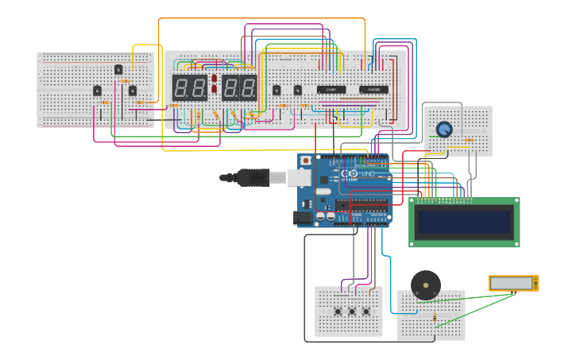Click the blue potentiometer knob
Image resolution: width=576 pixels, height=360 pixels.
[444, 129]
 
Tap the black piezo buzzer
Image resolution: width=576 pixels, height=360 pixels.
[425, 285]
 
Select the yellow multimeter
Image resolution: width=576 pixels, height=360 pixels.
[513, 283]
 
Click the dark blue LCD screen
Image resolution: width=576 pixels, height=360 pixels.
[465, 222]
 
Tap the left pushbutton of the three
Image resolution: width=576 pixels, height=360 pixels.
[338, 311]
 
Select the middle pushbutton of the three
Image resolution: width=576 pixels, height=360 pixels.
[352, 311]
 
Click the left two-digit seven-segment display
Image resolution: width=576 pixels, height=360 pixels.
[189, 87]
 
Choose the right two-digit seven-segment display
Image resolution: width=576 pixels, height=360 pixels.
[239, 87]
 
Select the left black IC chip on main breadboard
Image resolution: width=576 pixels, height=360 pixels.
[331, 90]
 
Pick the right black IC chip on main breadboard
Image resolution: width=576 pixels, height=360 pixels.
[373, 90]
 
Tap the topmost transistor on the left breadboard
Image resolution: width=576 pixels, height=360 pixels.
[118, 70]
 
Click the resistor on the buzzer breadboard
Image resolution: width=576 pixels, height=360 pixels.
[434, 317]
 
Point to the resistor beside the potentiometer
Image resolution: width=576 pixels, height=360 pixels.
[468, 140]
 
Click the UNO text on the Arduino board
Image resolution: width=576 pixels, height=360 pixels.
[369, 173]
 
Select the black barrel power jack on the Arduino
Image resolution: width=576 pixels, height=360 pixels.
[303, 217]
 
